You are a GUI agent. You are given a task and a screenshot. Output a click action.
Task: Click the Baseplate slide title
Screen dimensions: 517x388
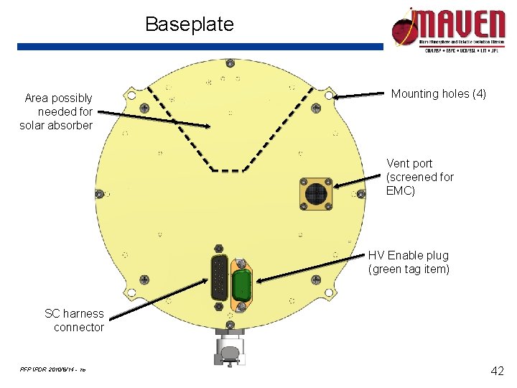pyautogui.click(x=190, y=24)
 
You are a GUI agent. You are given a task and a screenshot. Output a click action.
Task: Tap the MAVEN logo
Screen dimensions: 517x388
pyautogui.click(x=448, y=28)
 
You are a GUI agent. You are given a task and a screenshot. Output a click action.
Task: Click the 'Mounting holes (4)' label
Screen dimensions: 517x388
pyautogui.click(x=438, y=93)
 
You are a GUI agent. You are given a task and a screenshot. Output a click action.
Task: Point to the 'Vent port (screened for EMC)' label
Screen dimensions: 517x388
pyautogui.click(x=420, y=177)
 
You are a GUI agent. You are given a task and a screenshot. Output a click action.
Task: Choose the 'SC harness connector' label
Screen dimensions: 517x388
pyautogui.click(x=75, y=320)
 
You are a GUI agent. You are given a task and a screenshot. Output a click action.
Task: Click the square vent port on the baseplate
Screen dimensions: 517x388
pyautogui.click(x=315, y=194)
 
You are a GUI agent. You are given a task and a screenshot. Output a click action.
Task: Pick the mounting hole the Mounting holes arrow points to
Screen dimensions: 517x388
pyautogui.click(x=329, y=96)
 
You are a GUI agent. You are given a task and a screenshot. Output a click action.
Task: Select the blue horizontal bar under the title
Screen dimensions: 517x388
pyautogui.click(x=200, y=46)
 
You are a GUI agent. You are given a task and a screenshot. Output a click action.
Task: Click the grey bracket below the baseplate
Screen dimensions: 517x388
pyautogui.click(x=230, y=348)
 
